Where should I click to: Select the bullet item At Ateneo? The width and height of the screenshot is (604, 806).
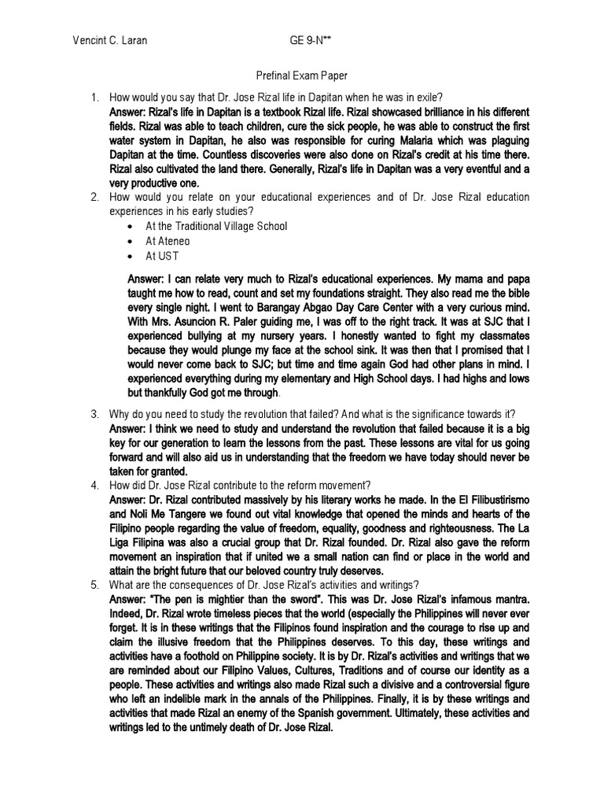[168, 241]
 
